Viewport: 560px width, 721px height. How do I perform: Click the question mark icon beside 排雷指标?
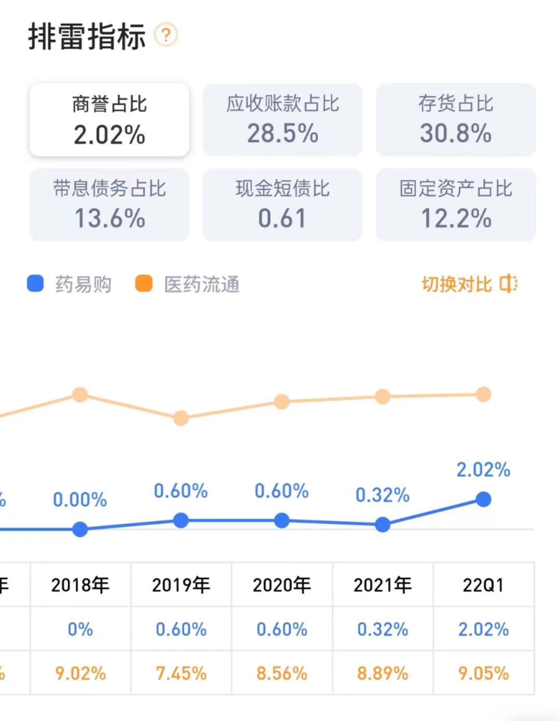click(x=166, y=35)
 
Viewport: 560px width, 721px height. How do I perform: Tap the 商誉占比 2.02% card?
click(x=109, y=120)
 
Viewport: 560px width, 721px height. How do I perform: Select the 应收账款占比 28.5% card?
click(x=283, y=120)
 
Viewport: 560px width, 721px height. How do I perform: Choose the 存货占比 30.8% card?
click(x=456, y=120)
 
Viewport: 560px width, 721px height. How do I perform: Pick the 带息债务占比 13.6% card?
click(x=109, y=204)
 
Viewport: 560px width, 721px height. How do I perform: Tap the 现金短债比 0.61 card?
click(x=283, y=204)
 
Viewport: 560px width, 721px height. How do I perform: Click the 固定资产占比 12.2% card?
click(x=456, y=204)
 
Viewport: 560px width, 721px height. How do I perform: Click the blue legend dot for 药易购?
click(x=35, y=284)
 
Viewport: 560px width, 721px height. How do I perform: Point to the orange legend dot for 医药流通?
click(x=144, y=284)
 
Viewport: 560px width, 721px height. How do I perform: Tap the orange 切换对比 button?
click(x=469, y=284)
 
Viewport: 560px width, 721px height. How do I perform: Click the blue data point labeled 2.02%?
click(x=483, y=500)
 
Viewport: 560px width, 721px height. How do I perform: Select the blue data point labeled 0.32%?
click(x=383, y=524)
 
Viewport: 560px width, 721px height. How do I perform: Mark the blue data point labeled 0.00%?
click(x=80, y=529)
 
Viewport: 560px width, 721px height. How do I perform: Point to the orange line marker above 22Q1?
click(x=483, y=394)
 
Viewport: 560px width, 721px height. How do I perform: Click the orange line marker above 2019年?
click(x=180, y=418)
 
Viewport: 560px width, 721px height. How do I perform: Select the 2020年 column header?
click(x=282, y=585)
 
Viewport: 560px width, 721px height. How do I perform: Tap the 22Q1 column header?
click(x=483, y=585)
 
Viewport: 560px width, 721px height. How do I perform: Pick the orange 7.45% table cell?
click(x=181, y=673)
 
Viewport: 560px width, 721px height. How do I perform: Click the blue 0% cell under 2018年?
click(x=80, y=629)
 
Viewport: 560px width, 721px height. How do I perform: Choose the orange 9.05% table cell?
click(x=483, y=673)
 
